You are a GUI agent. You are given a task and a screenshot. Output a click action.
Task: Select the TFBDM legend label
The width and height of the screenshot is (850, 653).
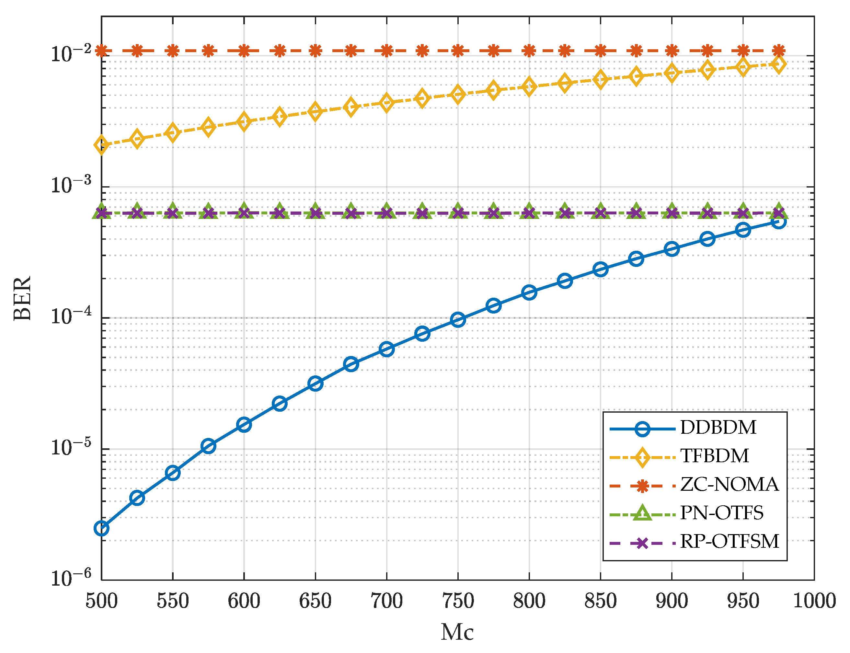coord(714,456)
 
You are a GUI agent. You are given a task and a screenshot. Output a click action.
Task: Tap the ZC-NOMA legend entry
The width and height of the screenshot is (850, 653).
coord(729,485)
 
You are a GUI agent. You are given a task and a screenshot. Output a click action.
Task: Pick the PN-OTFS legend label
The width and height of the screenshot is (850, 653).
coord(721,513)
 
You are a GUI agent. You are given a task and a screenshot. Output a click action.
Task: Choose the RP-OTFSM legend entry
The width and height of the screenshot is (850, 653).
coord(729,542)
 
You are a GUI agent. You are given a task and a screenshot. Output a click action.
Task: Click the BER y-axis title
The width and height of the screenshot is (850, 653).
coord(23,298)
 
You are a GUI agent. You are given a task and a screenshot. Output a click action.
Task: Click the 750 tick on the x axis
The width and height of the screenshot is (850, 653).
coord(457,601)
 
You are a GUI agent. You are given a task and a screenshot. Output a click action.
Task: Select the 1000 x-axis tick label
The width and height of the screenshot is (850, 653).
coord(813,601)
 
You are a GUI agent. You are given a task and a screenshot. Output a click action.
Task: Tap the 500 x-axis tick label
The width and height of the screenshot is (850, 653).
coord(101,601)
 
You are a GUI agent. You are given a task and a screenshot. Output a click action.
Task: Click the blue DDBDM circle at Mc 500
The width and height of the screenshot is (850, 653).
coord(101,528)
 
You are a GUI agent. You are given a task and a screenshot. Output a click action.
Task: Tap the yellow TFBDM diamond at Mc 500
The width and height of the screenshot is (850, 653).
coord(101,145)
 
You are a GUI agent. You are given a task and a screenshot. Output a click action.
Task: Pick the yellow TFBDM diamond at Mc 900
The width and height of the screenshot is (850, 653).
coord(671,73)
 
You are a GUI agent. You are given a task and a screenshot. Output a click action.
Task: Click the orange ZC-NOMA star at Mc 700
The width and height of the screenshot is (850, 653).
coord(386,51)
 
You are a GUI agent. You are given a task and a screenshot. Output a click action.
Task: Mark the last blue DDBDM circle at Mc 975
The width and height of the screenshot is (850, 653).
coord(778,222)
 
